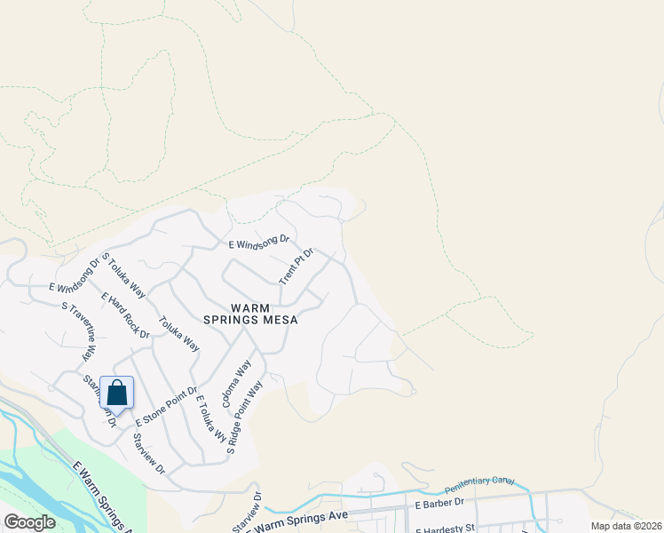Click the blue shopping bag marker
117,393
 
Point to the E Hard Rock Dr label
125,315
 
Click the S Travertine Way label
78,330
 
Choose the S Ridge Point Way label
246,418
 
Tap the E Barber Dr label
439,503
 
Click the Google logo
29,522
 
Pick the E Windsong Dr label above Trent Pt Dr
259,241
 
